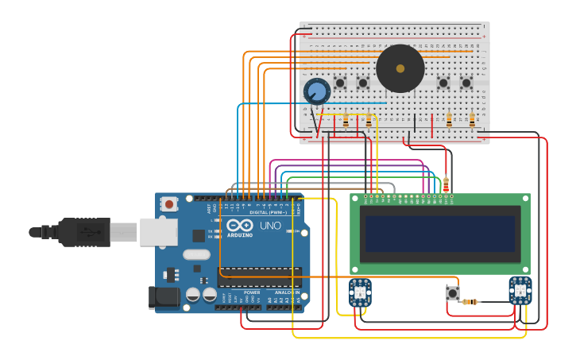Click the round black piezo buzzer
click(400, 68)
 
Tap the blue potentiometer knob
click(317, 91)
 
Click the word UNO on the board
click(271, 226)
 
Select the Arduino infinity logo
click(239, 226)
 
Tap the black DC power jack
click(164, 297)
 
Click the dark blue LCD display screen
click(440, 233)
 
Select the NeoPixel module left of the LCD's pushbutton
click(360, 292)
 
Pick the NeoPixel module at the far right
click(520, 291)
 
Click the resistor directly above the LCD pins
click(446, 184)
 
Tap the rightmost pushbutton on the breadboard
click(466, 83)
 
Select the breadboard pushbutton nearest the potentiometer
click(340, 83)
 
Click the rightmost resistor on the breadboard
click(472, 120)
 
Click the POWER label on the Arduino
click(251, 270)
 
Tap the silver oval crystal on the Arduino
click(195, 255)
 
